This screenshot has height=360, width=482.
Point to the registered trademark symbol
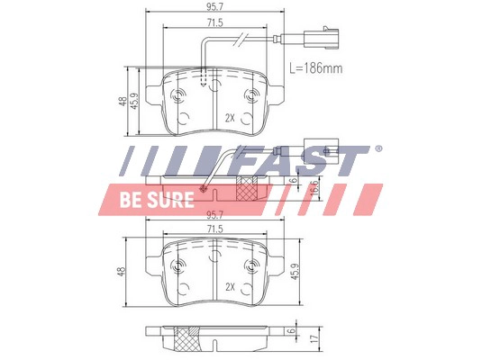click(377, 149)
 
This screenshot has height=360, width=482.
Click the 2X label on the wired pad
click(230, 118)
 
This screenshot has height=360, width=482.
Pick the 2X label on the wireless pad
click(230, 287)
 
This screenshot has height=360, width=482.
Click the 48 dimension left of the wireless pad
click(123, 269)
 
